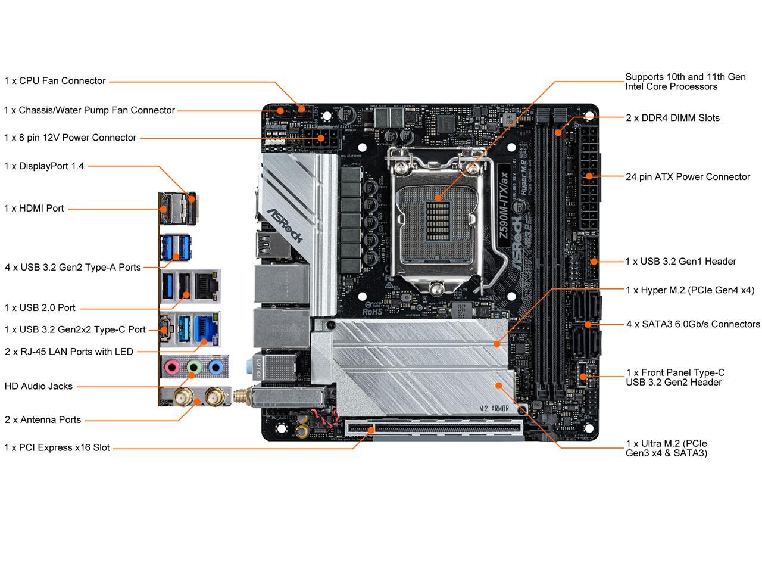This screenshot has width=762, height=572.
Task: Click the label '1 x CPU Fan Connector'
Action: (x=55, y=81)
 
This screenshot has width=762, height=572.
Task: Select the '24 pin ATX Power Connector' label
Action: (x=688, y=177)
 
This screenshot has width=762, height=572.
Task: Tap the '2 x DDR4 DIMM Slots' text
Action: (x=673, y=118)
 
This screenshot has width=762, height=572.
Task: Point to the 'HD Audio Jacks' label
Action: (x=39, y=386)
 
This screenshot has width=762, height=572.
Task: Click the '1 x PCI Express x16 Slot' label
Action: (x=57, y=447)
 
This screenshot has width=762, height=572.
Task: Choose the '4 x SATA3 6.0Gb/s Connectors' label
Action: (x=693, y=324)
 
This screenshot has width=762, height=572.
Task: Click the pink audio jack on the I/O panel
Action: (x=172, y=367)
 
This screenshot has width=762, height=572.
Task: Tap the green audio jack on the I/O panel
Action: (x=193, y=367)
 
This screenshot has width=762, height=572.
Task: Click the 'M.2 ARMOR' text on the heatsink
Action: (x=494, y=408)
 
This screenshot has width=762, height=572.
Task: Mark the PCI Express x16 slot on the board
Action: (x=435, y=428)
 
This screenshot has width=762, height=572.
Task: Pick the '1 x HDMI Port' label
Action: (x=34, y=209)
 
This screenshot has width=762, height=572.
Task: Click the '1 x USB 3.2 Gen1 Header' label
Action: (x=680, y=262)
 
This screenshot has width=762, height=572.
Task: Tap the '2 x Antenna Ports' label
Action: (x=43, y=420)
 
